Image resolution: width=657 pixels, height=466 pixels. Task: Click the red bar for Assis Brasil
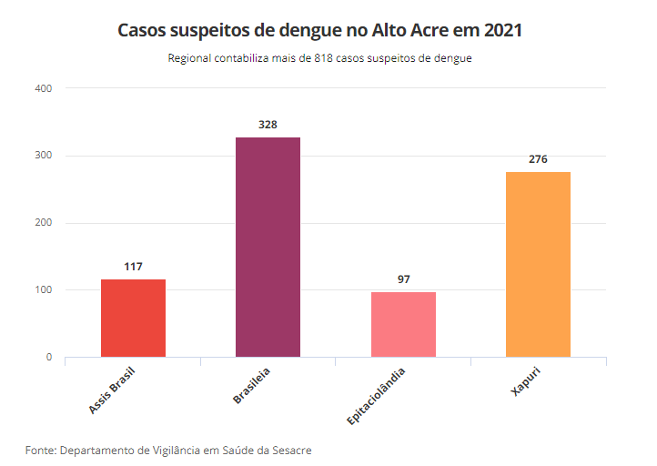pyautogui.click(x=133, y=318)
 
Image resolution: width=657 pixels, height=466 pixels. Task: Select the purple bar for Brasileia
pyautogui.click(x=268, y=247)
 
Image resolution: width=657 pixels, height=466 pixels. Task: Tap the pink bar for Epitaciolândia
pyautogui.click(x=403, y=324)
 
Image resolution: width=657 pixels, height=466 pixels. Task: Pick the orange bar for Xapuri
pyautogui.click(x=538, y=264)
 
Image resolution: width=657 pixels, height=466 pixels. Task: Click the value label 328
pyautogui.click(x=268, y=125)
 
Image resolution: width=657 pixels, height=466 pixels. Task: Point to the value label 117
pyautogui.click(x=133, y=267)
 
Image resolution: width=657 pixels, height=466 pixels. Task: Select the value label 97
pyautogui.click(x=403, y=279)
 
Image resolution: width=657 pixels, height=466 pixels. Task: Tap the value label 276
pyautogui.click(x=538, y=159)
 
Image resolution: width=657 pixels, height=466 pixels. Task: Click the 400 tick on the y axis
pyautogui.click(x=44, y=88)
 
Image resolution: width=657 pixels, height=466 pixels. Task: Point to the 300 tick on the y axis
pyautogui.click(x=44, y=156)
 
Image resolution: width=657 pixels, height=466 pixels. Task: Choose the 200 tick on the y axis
pyautogui.click(x=44, y=223)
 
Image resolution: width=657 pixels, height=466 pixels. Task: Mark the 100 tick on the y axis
pyautogui.click(x=44, y=290)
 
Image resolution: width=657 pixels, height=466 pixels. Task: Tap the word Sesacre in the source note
pyautogui.click(x=291, y=451)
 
